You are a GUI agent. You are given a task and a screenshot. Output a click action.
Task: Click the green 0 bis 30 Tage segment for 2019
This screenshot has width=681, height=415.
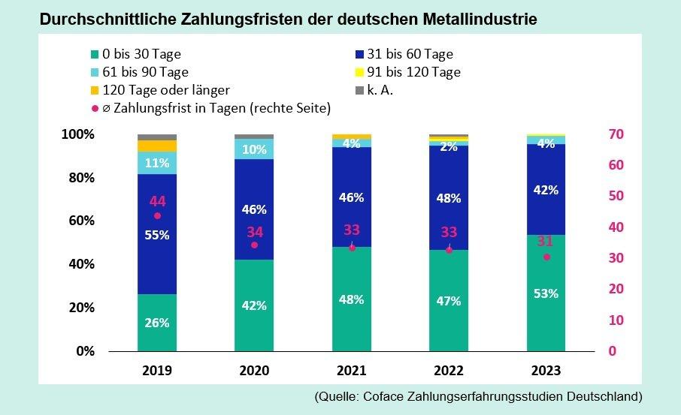156,322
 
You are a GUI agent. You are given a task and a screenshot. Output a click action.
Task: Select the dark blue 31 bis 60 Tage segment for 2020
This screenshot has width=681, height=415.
254,209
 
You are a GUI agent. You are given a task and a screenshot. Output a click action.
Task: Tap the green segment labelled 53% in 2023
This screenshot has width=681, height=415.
546,293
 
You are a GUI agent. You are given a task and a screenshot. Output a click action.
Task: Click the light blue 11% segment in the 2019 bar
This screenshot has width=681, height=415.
156,163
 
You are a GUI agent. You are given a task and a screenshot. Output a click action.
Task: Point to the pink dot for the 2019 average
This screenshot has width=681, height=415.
157,216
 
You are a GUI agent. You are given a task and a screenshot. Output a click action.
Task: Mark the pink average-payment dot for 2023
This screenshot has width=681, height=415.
546,257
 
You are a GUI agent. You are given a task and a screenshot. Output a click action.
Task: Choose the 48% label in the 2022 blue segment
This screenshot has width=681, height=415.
449,200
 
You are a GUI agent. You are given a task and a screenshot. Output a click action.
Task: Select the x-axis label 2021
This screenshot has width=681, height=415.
352,371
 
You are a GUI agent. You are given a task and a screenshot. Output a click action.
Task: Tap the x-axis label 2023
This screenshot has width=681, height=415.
546,371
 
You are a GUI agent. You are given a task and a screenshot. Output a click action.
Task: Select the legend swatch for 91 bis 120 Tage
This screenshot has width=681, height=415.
359,73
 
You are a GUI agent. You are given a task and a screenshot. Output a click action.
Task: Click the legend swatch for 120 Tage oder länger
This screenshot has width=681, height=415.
94,91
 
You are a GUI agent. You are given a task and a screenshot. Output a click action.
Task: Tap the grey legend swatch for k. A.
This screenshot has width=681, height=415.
359,91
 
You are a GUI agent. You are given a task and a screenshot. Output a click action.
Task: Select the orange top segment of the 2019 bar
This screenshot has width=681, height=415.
156,146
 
